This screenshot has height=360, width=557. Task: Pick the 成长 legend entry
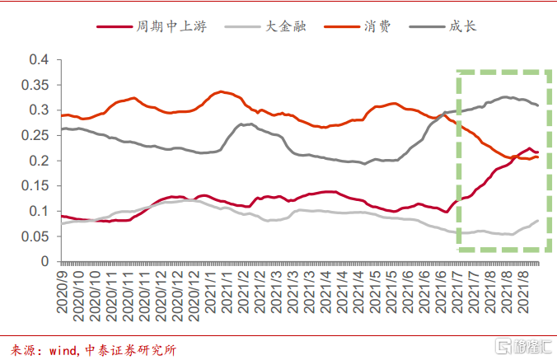[x=463, y=26]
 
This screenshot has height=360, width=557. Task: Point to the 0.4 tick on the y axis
[x=39, y=59]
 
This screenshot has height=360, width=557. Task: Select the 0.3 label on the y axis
[x=39, y=110]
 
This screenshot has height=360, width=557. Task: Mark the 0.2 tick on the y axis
[x=39, y=161]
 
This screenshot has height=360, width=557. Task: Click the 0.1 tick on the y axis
[x=39, y=211]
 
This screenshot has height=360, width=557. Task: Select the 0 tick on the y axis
[x=46, y=262]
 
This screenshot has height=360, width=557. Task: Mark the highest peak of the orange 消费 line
[x=221, y=91]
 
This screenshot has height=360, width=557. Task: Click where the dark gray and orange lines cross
[x=444, y=114]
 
